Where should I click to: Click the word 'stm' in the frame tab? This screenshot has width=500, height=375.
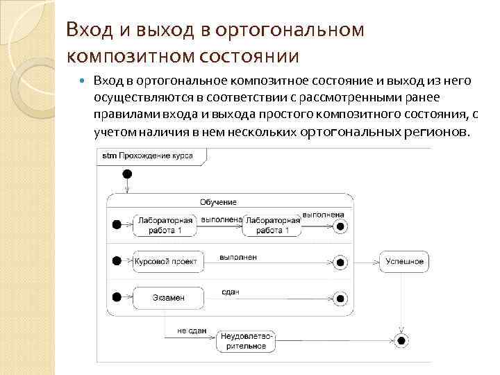tap(109, 156)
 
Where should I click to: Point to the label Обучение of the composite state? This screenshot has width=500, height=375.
tap(218, 202)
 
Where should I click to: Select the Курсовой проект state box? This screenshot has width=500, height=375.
tap(167, 262)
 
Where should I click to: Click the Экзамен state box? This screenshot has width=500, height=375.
tap(168, 298)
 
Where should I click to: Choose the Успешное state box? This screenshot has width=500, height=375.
tap(404, 261)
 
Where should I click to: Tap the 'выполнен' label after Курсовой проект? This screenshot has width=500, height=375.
tap(238, 257)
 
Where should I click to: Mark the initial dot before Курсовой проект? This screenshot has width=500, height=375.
tap(117, 262)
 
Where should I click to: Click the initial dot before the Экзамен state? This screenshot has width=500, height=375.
tap(117, 298)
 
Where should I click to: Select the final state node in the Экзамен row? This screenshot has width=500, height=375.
tap(340, 298)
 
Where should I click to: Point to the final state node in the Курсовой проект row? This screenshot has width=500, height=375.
tap(340, 262)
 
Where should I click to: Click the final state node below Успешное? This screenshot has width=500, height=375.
tap(401, 340)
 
